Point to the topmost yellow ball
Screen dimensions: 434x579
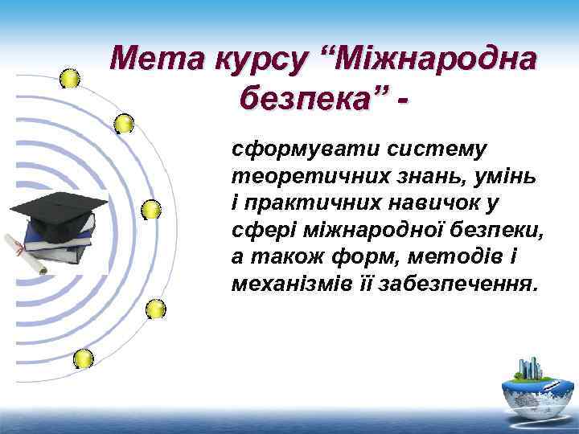70,78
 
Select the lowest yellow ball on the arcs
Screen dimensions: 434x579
83,358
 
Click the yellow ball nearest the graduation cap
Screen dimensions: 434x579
150,210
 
